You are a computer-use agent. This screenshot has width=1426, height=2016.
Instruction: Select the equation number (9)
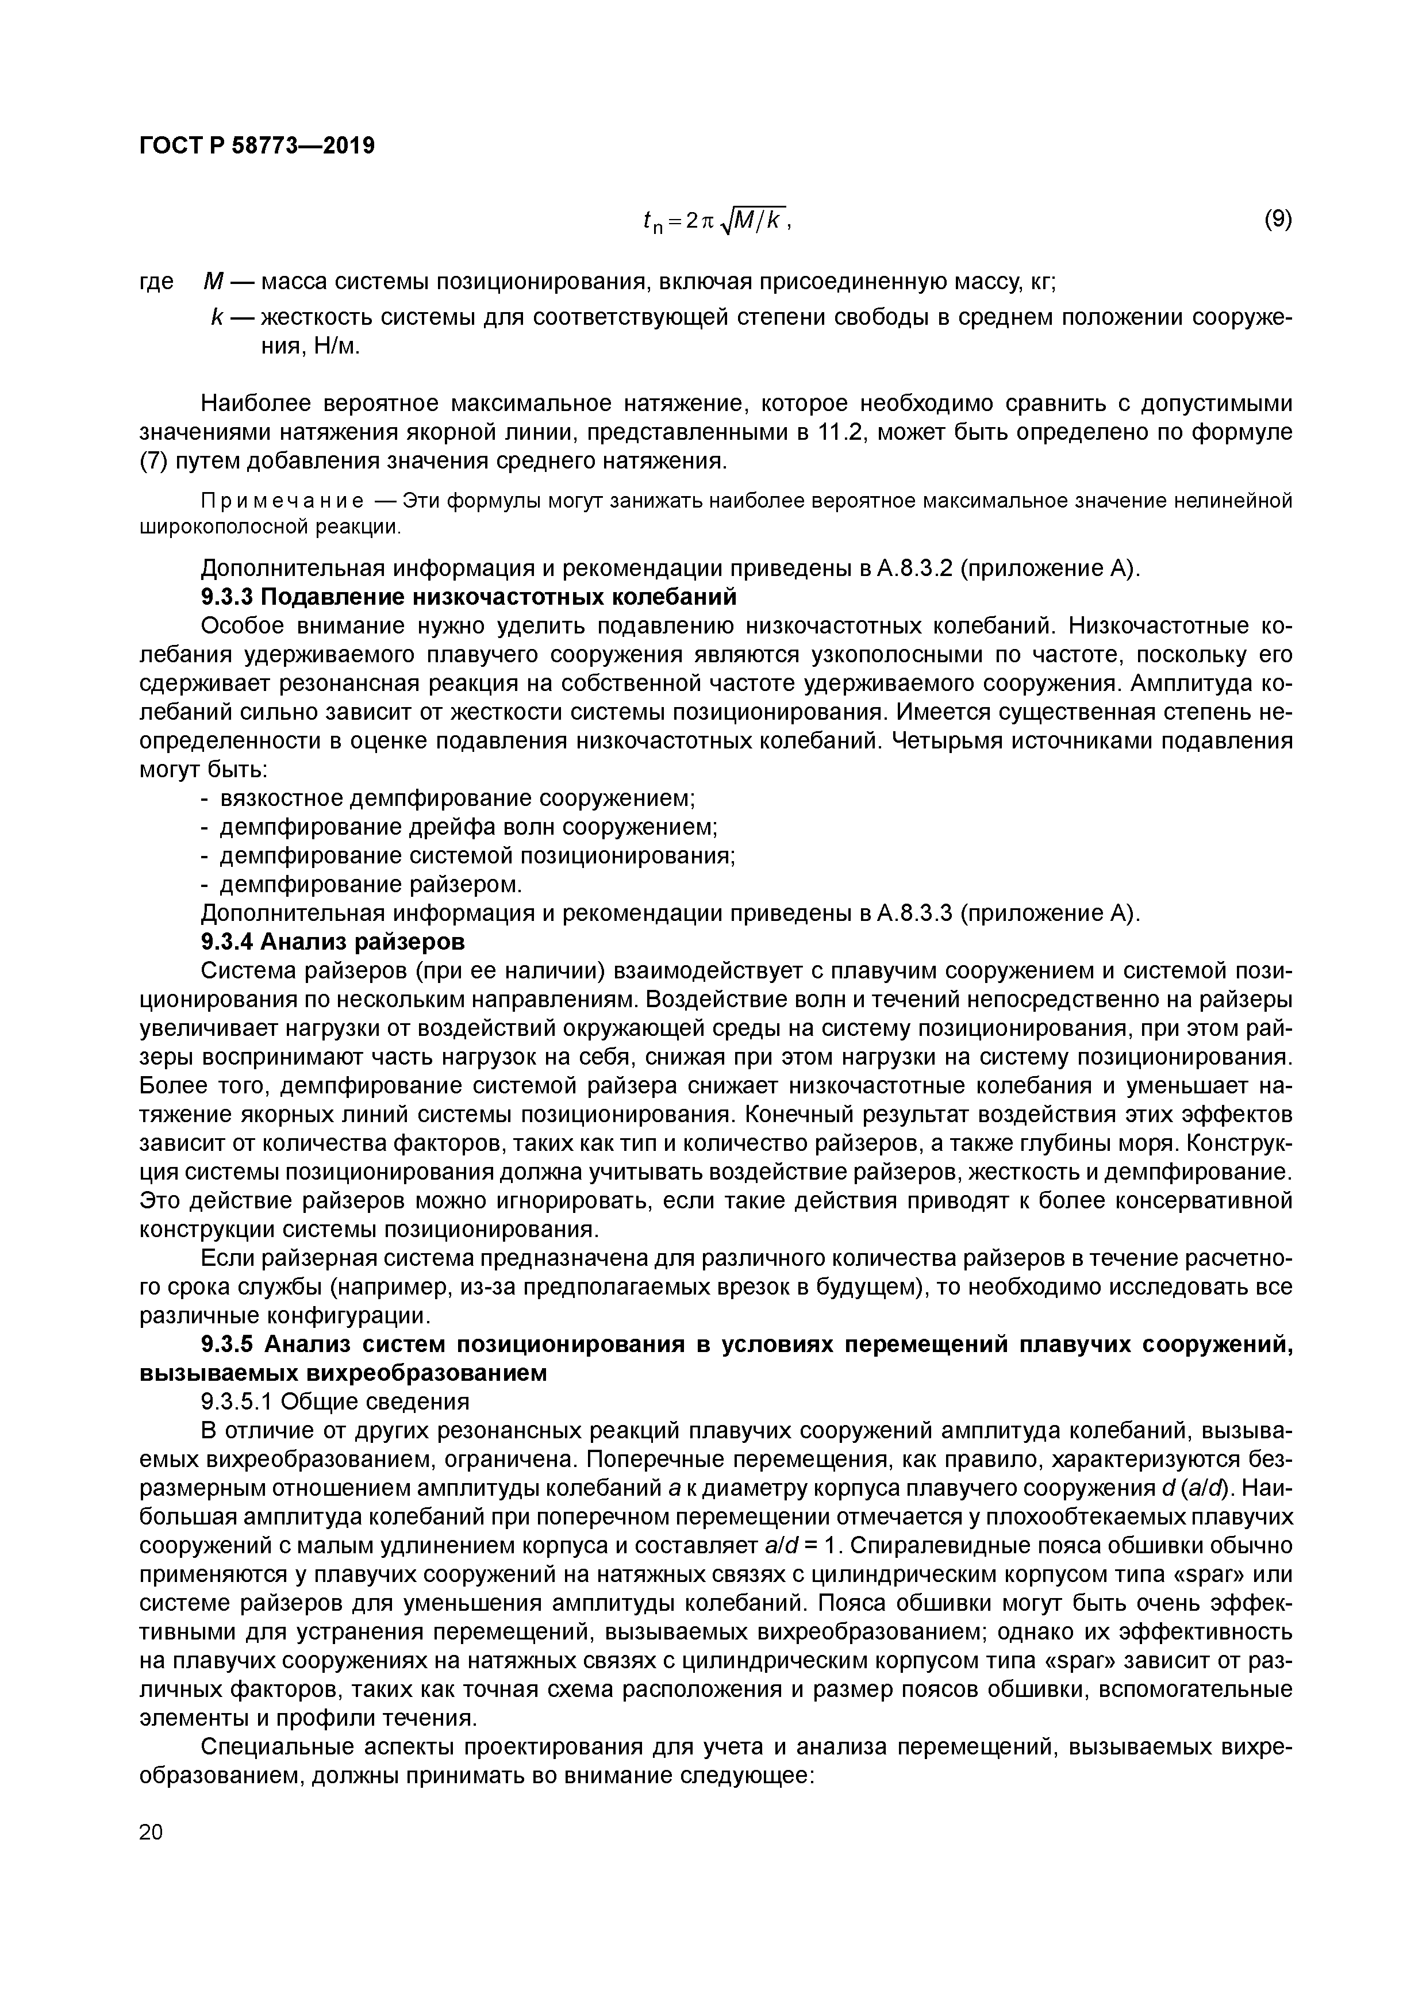(1278, 220)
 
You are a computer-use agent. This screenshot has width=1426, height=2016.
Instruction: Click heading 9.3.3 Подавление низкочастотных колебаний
(468, 597)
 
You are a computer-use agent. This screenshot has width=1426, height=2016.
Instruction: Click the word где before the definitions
(156, 283)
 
